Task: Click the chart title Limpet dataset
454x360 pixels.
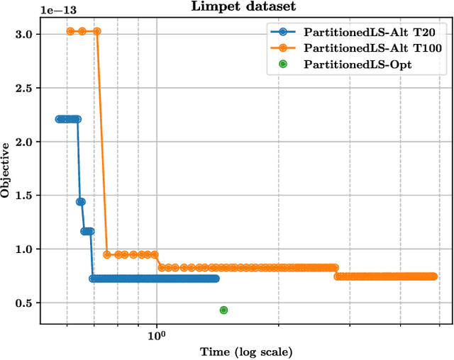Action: coord(245,7)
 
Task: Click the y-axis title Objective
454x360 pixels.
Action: coord(6,169)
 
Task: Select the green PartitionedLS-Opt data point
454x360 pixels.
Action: coord(223,310)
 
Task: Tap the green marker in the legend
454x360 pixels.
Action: coord(283,64)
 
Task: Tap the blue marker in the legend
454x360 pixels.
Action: coord(283,31)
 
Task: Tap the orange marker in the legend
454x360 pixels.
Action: coord(283,47)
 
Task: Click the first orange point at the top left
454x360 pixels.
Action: coord(70,31)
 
